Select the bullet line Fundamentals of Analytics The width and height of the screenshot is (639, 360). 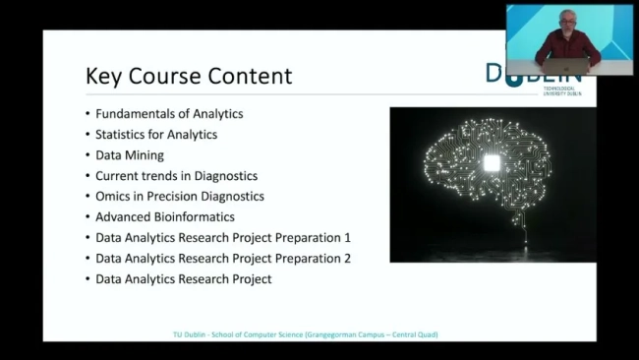click(x=169, y=113)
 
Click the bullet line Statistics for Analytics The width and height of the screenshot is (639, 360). click(x=156, y=134)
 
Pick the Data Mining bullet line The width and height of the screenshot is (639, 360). click(x=130, y=154)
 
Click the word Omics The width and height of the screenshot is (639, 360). click(x=114, y=196)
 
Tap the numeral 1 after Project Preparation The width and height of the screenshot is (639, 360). click(x=347, y=237)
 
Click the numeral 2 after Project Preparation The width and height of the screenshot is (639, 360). click(x=347, y=258)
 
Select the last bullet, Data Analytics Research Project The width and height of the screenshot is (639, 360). click(x=184, y=279)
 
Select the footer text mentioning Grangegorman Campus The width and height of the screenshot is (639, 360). click(x=305, y=334)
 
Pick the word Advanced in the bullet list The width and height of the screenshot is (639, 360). click(x=124, y=216)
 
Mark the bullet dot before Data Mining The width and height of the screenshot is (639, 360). click(x=87, y=155)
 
